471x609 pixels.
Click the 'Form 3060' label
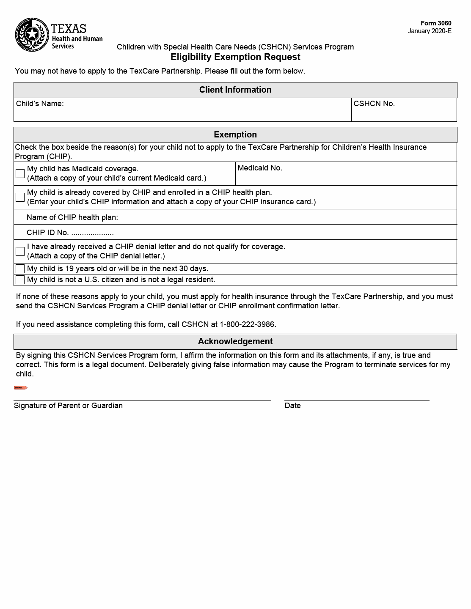(x=436, y=23)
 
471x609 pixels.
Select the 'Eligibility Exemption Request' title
(x=235, y=57)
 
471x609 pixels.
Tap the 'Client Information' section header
(x=235, y=90)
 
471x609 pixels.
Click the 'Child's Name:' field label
(x=40, y=104)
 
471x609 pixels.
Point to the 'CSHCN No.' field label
(x=374, y=104)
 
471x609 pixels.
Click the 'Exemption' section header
(x=235, y=134)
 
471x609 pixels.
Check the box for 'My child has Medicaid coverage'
(x=20, y=173)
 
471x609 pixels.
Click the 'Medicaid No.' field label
(x=260, y=168)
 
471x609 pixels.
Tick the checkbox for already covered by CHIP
(x=20, y=197)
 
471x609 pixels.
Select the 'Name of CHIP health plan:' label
(x=72, y=217)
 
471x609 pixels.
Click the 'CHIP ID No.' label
(x=48, y=233)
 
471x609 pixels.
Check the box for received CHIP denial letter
(x=20, y=251)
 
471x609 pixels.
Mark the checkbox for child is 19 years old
(x=20, y=269)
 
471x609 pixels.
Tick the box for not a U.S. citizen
(x=20, y=280)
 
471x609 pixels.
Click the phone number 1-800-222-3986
(x=247, y=324)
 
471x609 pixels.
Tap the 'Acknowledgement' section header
(x=235, y=341)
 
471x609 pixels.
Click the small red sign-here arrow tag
(x=20, y=387)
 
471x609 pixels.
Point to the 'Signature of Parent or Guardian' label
(x=68, y=406)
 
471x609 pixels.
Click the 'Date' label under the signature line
(x=293, y=406)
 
